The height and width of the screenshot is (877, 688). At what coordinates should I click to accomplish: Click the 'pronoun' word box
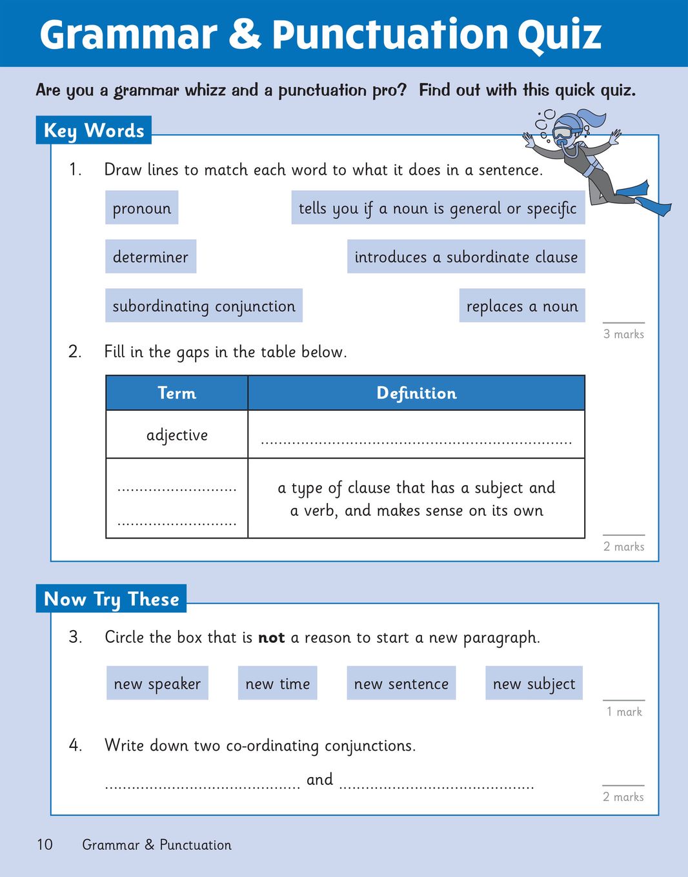tap(141, 208)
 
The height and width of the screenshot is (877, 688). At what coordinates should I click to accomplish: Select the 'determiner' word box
tap(150, 257)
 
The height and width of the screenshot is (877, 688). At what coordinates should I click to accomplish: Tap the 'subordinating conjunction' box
tap(203, 306)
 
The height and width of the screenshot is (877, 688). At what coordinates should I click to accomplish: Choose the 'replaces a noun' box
tap(521, 306)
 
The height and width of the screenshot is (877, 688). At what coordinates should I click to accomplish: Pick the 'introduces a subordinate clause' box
tap(465, 257)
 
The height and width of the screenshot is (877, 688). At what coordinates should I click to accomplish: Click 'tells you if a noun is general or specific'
tap(438, 208)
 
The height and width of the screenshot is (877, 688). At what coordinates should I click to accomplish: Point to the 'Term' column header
tap(177, 393)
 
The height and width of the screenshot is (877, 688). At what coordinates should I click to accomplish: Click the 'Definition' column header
tap(416, 393)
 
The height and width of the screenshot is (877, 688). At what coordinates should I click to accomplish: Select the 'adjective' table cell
tap(177, 435)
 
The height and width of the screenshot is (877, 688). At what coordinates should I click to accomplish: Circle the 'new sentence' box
tap(401, 684)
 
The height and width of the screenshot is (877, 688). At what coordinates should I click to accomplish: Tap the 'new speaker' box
tap(157, 684)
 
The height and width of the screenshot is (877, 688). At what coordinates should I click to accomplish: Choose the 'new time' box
tap(278, 684)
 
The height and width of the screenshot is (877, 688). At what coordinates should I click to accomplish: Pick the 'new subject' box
tap(534, 684)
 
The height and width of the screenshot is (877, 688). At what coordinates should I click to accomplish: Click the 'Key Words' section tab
tap(94, 130)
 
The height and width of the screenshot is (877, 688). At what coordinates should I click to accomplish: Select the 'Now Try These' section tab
tap(111, 598)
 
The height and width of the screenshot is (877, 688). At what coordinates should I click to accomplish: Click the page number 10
tap(45, 844)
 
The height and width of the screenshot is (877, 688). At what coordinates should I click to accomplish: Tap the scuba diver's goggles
tap(563, 133)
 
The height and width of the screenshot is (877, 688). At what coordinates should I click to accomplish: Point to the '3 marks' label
tap(623, 334)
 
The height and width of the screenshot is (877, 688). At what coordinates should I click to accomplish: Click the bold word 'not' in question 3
tap(271, 638)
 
